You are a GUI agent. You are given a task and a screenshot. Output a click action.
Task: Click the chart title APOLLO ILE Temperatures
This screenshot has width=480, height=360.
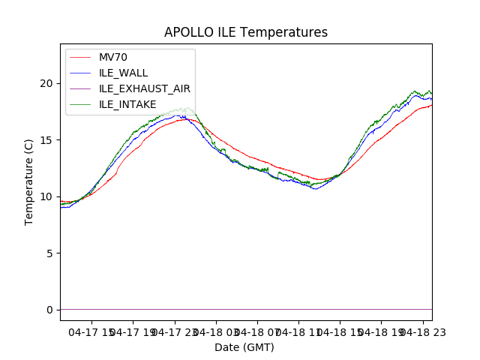click(x=246, y=33)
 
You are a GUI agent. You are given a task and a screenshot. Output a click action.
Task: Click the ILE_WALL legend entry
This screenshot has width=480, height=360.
click(x=123, y=73)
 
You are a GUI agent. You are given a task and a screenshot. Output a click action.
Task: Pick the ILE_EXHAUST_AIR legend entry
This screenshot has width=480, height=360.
click(x=144, y=88)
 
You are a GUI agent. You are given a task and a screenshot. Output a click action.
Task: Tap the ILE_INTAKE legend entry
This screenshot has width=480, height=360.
click(x=127, y=104)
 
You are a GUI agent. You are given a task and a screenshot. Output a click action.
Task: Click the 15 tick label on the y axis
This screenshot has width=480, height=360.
click(x=49, y=139)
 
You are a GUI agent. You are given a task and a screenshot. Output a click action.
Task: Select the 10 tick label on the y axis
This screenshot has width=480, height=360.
click(x=49, y=196)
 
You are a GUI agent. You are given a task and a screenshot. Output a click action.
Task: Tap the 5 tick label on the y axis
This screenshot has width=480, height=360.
click(x=52, y=253)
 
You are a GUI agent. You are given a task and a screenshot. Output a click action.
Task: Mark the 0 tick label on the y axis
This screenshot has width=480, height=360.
click(x=52, y=310)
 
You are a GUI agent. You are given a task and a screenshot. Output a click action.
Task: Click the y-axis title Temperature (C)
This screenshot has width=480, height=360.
click(x=29, y=182)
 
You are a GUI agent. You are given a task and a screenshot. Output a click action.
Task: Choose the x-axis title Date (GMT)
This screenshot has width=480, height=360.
click(x=244, y=347)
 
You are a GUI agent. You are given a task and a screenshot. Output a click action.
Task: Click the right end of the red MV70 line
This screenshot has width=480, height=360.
click(x=431, y=106)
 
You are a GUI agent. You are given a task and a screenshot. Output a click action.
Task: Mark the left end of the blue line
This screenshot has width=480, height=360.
click(x=61, y=207)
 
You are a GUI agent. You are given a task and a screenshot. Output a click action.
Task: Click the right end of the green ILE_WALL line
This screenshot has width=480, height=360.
click(x=431, y=93)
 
